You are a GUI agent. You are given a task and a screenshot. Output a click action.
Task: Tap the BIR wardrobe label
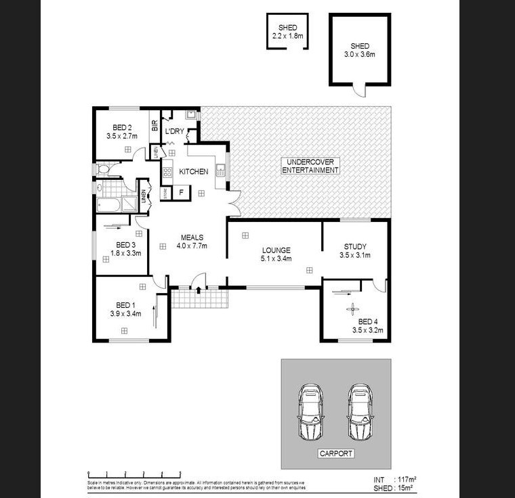click(x=154, y=124)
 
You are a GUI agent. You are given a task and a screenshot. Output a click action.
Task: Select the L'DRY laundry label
click(x=175, y=131)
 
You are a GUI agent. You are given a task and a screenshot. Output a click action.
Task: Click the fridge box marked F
click(x=181, y=194)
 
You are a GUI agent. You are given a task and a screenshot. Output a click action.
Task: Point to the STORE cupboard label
click(x=165, y=194)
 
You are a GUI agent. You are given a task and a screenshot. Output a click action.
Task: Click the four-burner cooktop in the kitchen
click(x=167, y=172)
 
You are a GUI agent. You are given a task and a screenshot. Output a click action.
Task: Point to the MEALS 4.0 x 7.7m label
click(x=192, y=242)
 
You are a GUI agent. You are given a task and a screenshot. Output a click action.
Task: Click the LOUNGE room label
click(x=276, y=254)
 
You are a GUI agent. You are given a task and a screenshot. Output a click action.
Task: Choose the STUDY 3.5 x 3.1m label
click(x=355, y=251)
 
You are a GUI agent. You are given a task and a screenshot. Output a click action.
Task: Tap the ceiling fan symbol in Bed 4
click(x=352, y=311)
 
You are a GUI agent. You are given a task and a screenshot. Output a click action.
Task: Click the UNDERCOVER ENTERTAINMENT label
click(x=310, y=166)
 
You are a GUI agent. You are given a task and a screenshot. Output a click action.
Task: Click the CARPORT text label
click(x=335, y=453)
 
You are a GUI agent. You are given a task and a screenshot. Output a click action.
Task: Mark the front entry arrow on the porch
click(x=198, y=290)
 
